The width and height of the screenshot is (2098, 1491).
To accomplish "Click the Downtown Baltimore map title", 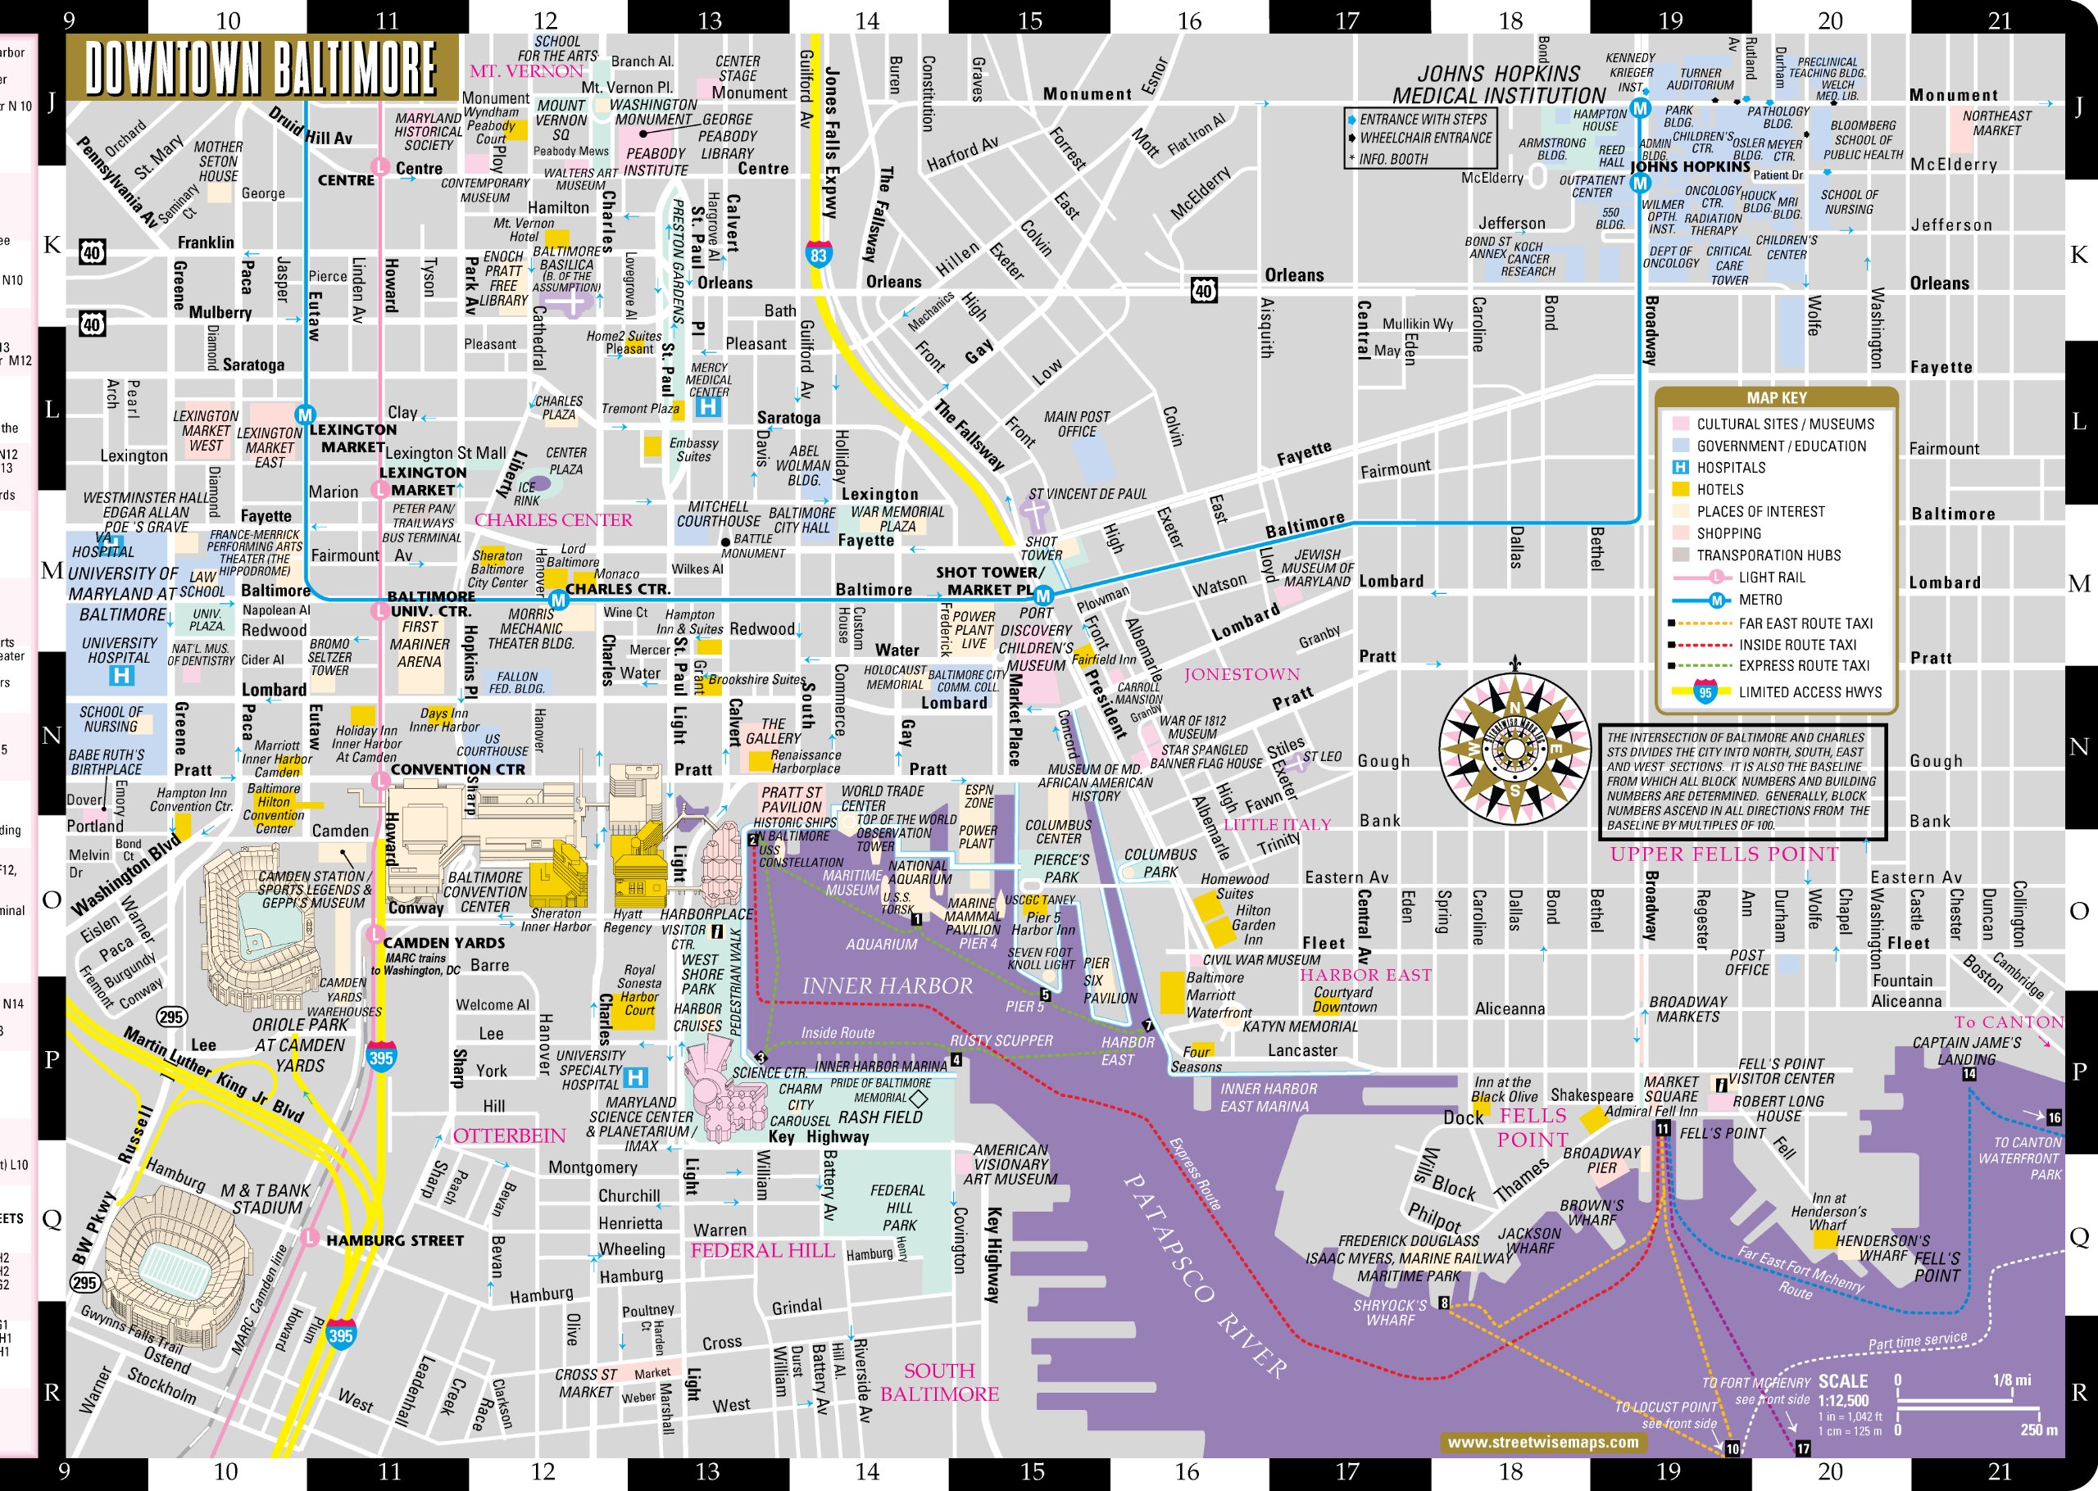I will (x=261, y=68).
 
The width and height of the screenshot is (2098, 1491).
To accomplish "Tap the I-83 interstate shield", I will (x=819, y=254).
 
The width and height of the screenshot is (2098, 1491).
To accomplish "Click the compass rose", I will (x=1514, y=748).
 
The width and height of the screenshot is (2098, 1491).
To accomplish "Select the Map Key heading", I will (x=1776, y=397).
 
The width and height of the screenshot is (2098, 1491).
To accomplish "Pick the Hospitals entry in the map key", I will (x=1730, y=467).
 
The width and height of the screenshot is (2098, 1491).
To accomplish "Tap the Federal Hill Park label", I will (x=898, y=1208).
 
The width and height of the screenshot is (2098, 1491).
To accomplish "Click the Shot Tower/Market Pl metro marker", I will (x=1043, y=596).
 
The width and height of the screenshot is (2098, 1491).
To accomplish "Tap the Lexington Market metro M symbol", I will (x=305, y=414).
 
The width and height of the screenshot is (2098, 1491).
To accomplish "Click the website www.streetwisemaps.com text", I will (x=1542, y=1443).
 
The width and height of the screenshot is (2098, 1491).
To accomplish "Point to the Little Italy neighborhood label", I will (x=1276, y=823).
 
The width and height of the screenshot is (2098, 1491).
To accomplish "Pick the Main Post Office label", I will (x=1076, y=424).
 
